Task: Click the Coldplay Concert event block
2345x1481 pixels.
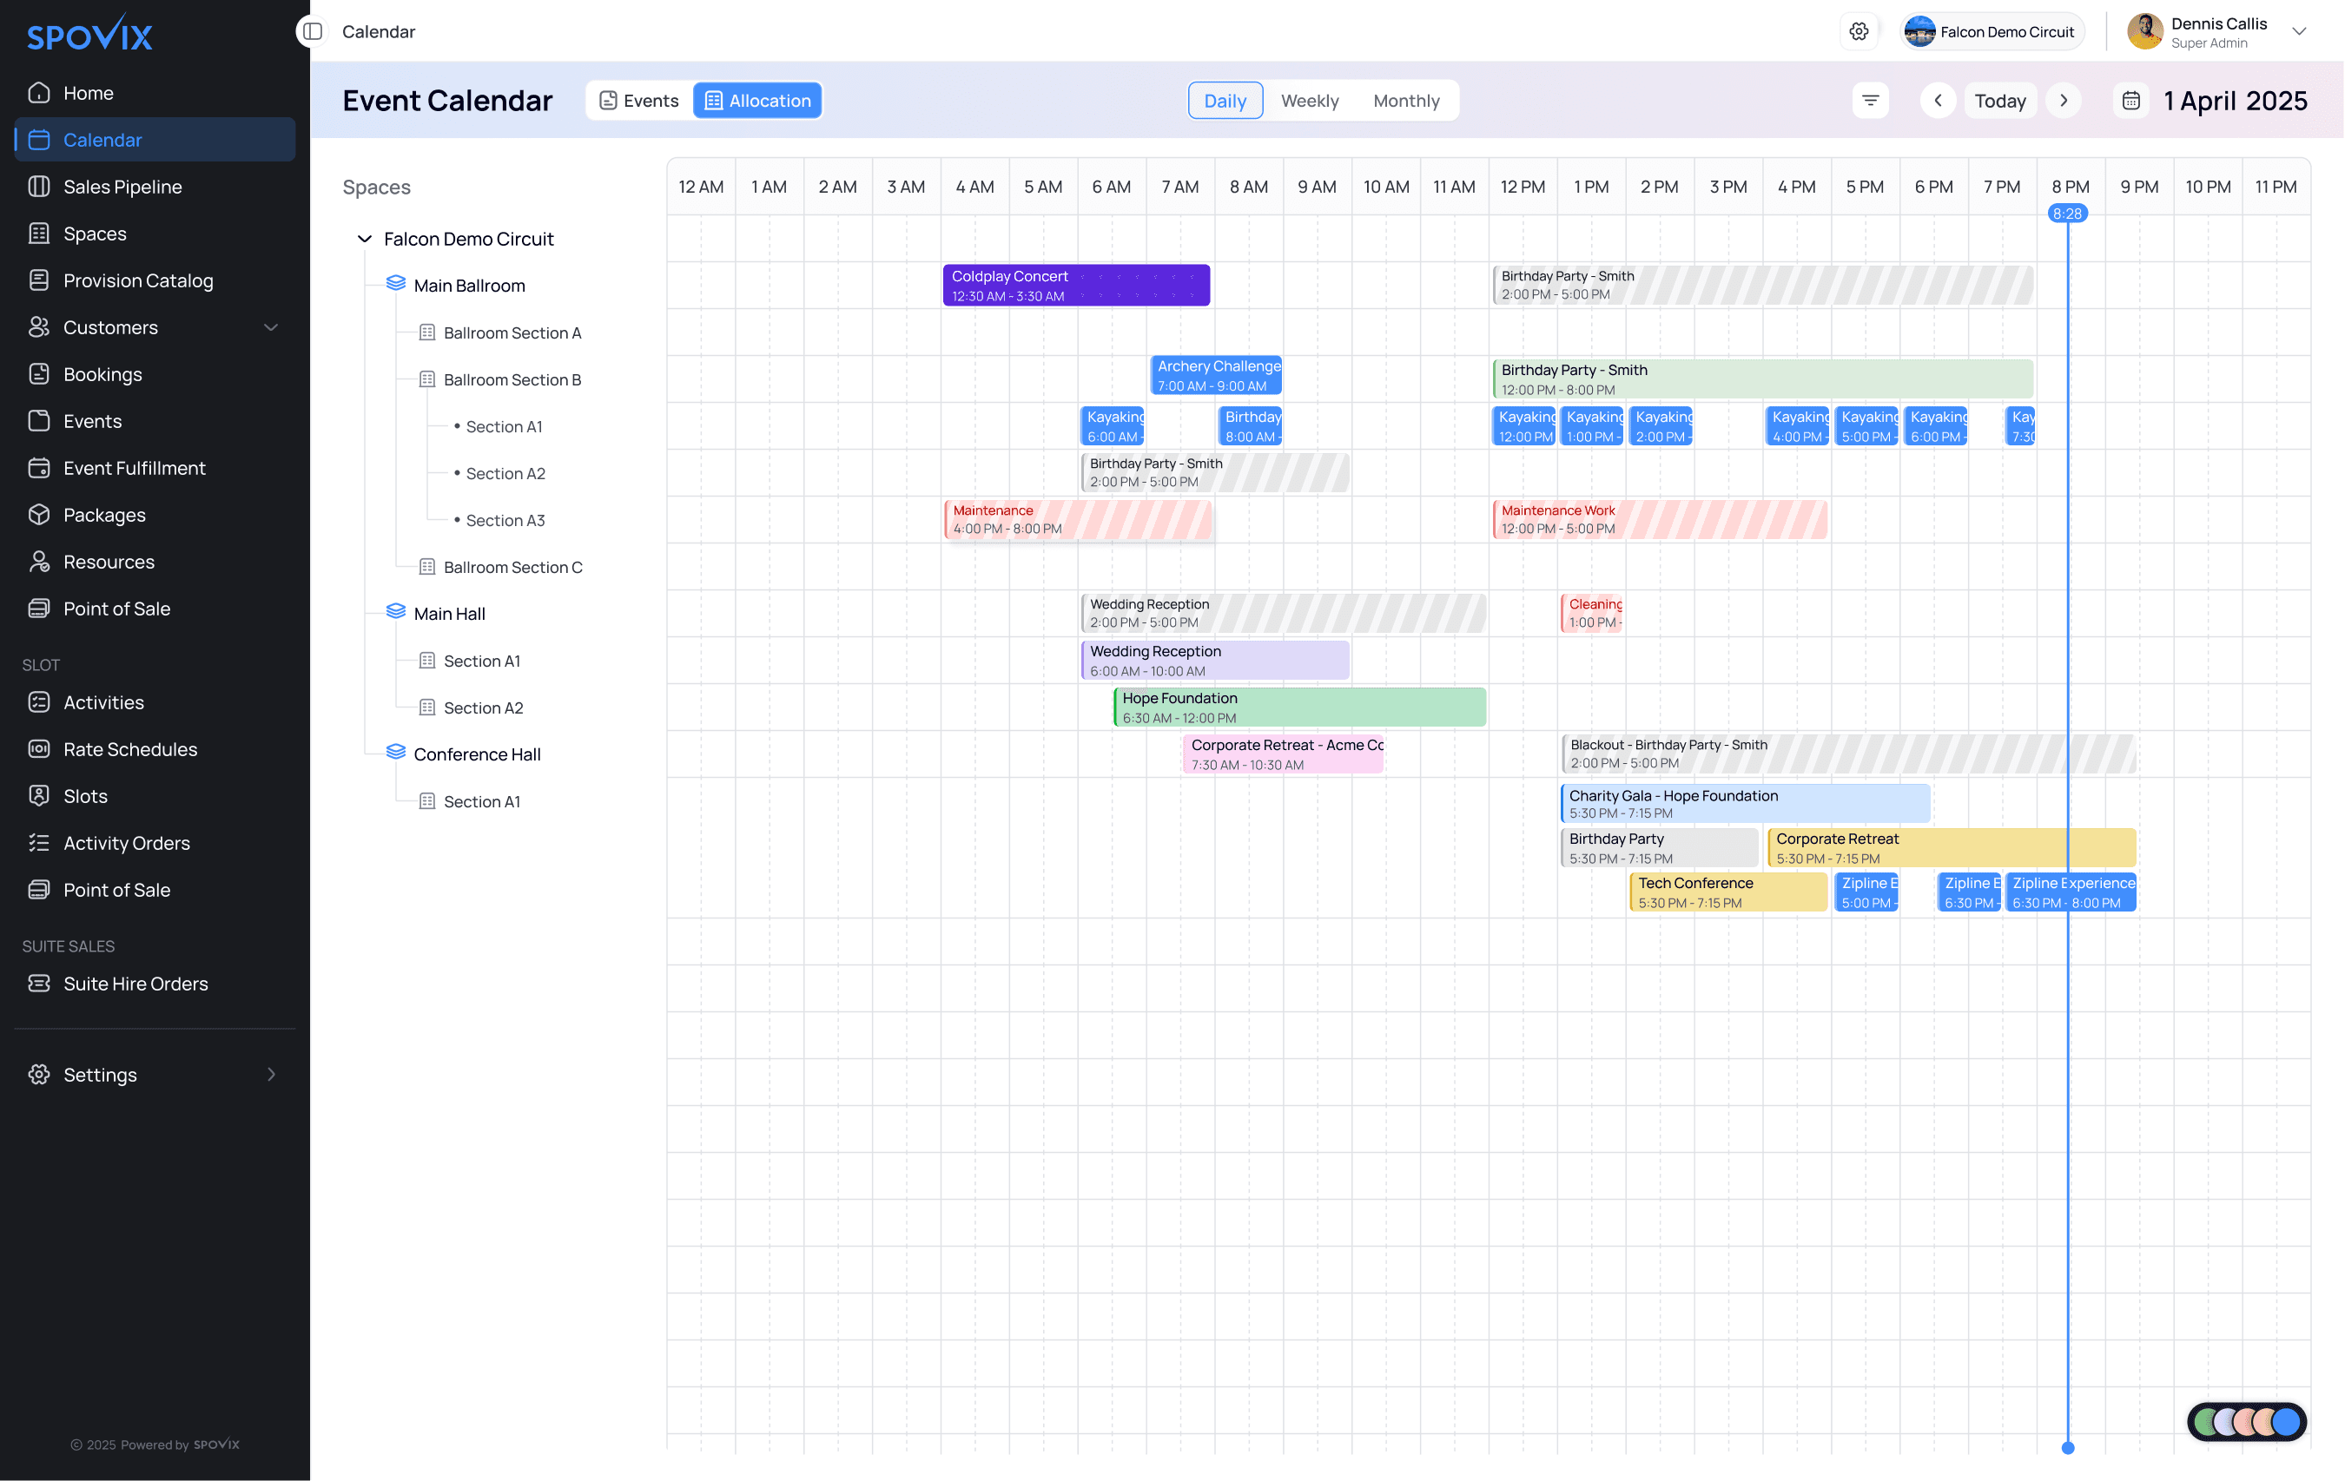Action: [x=1075, y=286]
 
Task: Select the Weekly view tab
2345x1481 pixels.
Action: [x=1309, y=102]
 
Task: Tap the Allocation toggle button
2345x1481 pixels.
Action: [x=757, y=102]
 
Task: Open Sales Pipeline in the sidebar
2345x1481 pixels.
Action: [x=122, y=187]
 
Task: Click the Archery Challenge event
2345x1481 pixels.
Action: [x=1215, y=376]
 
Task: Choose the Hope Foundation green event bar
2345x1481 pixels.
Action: [x=1299, y=708]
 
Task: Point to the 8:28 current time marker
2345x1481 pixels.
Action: [x=2066, y=214]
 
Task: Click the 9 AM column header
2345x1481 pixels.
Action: [x=1316, y=187]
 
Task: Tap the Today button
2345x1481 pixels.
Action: [x=1999, y=102]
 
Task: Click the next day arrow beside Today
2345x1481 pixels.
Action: [x=2063, y=102]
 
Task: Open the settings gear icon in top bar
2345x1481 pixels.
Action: [x=1858, y=32]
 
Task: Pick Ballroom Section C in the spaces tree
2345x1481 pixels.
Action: [x=512, y=568]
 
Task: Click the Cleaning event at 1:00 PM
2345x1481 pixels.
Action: [x=1592, y=614]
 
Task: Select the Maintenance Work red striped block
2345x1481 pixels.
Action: [x=1659, y=520]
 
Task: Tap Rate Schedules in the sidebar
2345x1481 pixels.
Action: [x=129, y=750]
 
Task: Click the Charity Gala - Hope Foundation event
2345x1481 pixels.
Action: [x=1744, y=804]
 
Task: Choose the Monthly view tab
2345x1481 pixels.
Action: [x=1405, y=102]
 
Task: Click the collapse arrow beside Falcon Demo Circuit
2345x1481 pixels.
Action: [x=364, y=240]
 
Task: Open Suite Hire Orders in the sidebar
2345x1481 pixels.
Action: [x=135, y=984]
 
